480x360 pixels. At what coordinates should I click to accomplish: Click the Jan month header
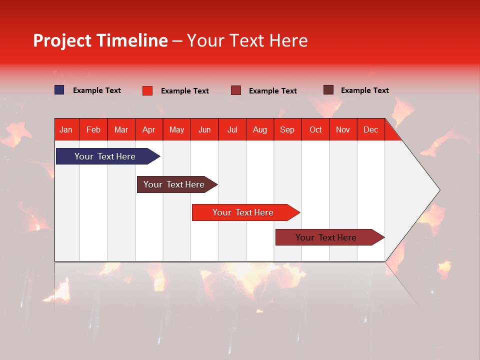pyautogui.click(x=66, y=130)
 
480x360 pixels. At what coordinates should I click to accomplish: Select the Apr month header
pyautogui.click(x=149, y=130)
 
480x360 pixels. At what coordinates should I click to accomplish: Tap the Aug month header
pyautogui.click(x=260, y=130)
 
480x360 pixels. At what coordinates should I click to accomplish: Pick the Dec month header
pyautogui.click(x=370, y=130)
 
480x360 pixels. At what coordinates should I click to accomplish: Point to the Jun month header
pyautogui.click(x=204, y=130)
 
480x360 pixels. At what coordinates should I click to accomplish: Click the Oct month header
pyautogui.click(x=315, y=130)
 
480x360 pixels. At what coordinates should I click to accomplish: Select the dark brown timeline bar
pyautogui.click(x=175, y=184)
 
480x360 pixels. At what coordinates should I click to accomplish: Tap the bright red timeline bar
pyautogui.click(x=244, y=212)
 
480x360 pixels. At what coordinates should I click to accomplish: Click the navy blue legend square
pyautogui.click(x=59, y=90)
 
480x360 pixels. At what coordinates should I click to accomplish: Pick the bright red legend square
pyautogui.click(x=147, y=90)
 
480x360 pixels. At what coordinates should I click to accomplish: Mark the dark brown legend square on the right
pyautogui.click(x=328, y=90)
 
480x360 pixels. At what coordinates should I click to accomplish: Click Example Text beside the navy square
pyautogui.click(x=97, y=90)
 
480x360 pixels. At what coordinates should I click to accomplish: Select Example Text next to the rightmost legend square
pyautogui.click(x=365, y=90)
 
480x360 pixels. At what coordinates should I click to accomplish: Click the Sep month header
pyautogui.click(x=287, y=130)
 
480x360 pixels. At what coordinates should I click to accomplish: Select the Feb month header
pyautogui.click(x=93, y=130)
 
